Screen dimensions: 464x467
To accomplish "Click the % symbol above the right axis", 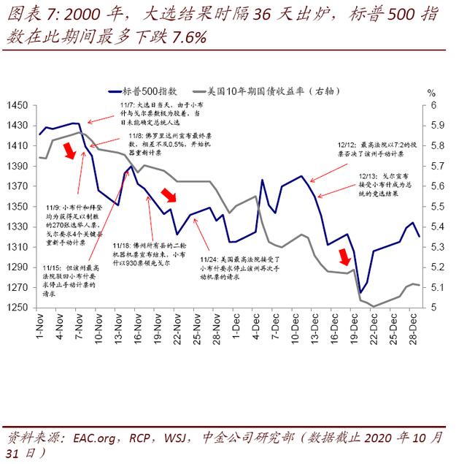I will [431, 94].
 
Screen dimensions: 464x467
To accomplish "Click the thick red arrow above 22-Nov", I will [169, 194].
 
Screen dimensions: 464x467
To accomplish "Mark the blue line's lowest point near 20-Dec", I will [360, 292].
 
